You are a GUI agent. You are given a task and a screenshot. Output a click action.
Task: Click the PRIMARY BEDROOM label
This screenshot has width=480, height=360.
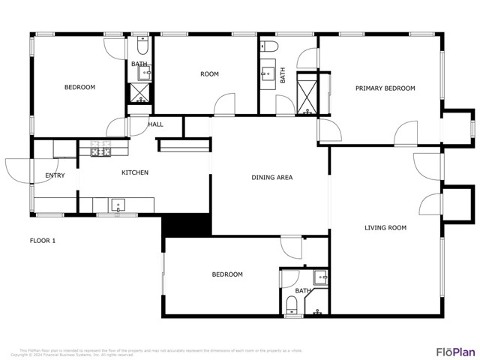pos(385,88)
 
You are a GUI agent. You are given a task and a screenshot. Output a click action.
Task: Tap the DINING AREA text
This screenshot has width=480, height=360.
pos(271,178)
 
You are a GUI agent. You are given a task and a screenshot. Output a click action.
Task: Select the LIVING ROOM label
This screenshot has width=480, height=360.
pos(385,227)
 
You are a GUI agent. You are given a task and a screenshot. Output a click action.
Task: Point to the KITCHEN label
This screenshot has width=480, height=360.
pos(135,172)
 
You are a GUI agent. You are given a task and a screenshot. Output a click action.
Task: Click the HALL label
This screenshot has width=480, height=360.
pos(155,124)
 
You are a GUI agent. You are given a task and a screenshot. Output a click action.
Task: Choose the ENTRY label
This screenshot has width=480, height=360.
pos(55,176)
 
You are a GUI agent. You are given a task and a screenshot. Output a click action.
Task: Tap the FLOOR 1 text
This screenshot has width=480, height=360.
pos(43,241)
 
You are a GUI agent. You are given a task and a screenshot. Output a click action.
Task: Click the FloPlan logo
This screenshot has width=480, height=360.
pos(456,351)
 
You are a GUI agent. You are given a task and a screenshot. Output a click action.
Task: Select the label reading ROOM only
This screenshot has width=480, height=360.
pos(209,73)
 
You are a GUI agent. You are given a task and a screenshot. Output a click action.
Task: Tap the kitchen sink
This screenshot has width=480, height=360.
pos(117,204)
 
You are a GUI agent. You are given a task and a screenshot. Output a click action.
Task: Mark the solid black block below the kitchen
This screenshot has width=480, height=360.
pos(187,225)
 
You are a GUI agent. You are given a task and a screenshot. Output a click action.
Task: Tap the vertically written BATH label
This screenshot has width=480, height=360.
pos(283,76)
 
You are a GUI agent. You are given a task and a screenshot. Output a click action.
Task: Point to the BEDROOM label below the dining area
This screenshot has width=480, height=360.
pos(227,274)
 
